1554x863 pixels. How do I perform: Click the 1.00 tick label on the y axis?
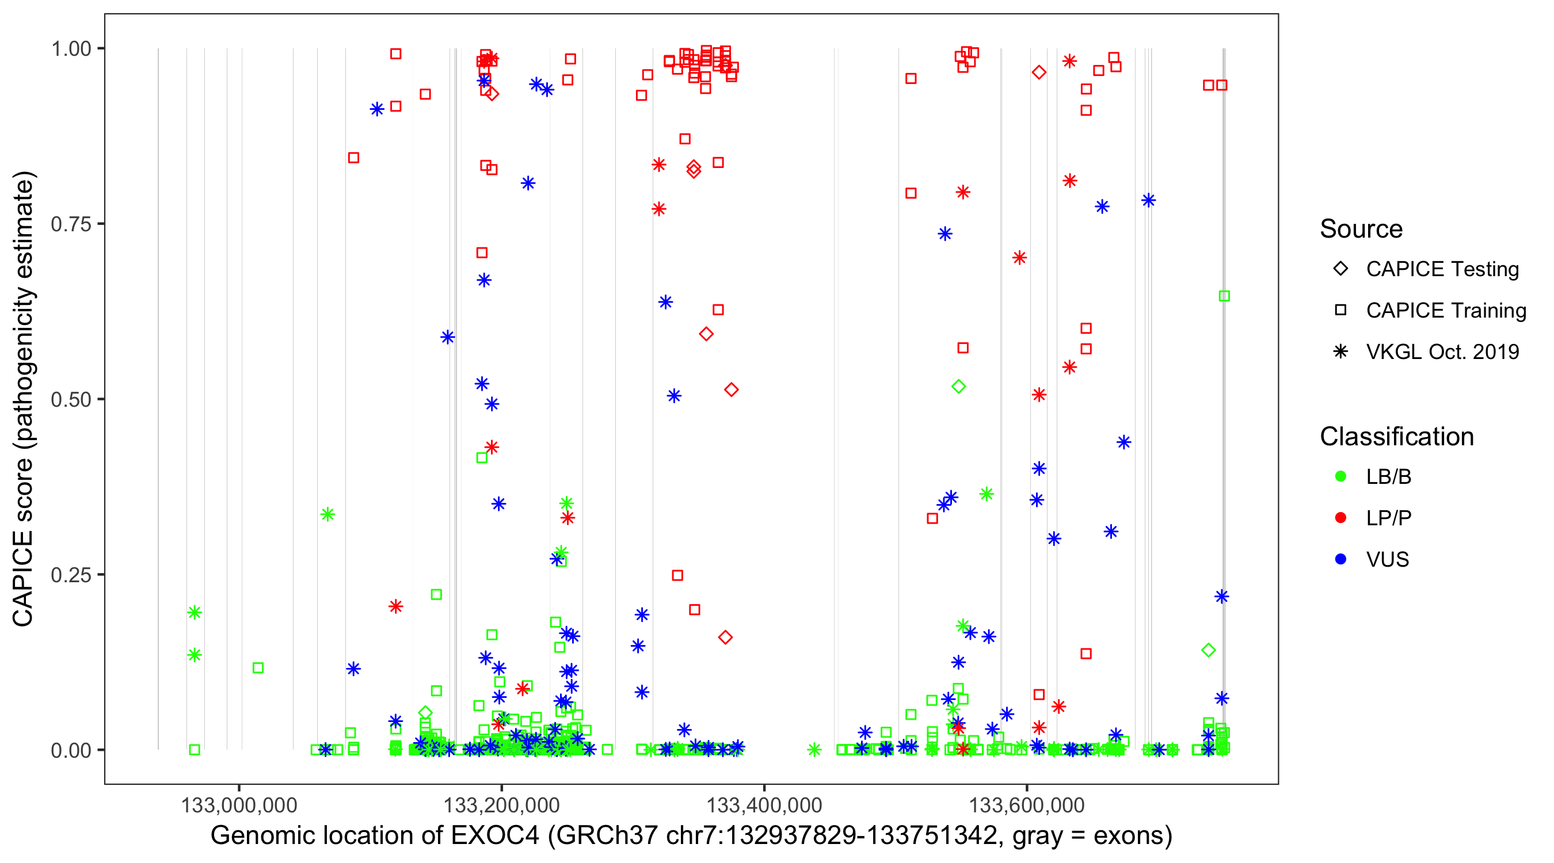click(x=70, y=48)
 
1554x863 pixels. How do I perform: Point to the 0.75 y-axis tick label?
click(x=70, y=224)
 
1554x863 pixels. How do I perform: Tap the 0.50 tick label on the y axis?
click(x=70, y=399)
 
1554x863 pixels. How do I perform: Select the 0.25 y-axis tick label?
click(x=70, y=575)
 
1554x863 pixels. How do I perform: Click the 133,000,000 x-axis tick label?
click(x=239, y=805)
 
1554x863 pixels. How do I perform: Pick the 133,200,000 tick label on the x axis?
click(x=501, y=805)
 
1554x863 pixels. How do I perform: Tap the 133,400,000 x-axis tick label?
click(x=764, y=805)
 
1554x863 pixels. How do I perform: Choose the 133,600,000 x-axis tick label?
click(x=1027, y=805)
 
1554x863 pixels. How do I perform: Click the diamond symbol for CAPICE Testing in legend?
click(x=1340, y=269)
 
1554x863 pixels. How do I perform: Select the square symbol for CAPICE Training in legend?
click(x=1340, y=310)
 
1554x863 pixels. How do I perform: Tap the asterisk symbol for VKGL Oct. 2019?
click(x=1340, y=352)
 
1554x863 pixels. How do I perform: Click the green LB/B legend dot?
click(x=1340, y=476)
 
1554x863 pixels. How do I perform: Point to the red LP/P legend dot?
click(x=1340, y=518)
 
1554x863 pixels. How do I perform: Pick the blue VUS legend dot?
click(x=1340, y=559)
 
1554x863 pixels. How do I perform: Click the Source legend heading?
click(x=1361, y=229)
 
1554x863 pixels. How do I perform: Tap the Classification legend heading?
click(x=1396, y=437)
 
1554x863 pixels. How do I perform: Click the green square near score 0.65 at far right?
click(x=1224, y=296)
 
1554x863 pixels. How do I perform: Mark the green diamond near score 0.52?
click(x=958, y=387)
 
